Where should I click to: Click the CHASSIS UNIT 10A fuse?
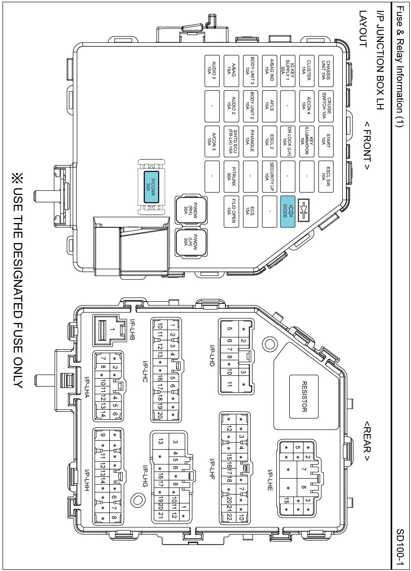coord(326,71)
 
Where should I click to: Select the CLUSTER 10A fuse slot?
coord(307,71)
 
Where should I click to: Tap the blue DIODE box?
coord(288,211)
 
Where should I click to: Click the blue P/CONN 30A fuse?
coord(152,187)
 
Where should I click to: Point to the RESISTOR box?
coord(304,397)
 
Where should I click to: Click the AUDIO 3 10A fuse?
coord(212,71)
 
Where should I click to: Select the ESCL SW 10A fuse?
coord(326,176)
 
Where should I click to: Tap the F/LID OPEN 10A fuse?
coord(231,211)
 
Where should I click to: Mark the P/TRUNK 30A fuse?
coord(231,176)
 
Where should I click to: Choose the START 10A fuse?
coord(326,141)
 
